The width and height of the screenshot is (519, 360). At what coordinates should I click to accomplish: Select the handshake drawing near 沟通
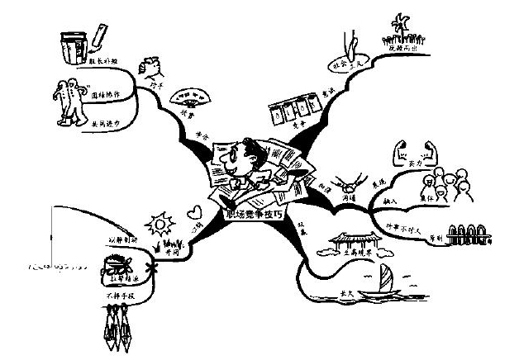[344, 180]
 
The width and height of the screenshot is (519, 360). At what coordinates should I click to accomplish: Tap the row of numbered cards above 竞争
[296, 110]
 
